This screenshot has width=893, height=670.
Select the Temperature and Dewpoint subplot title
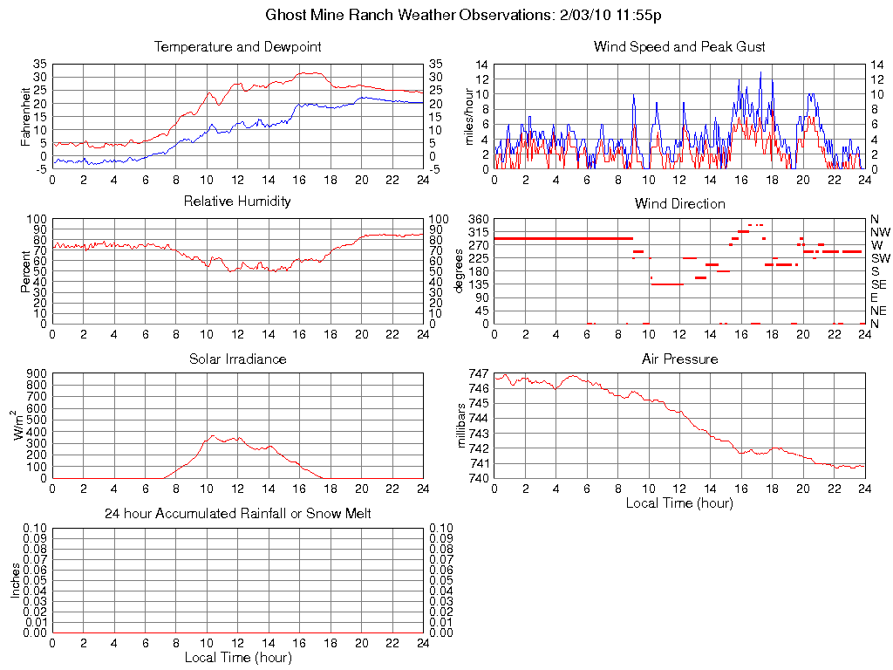pos(237,46)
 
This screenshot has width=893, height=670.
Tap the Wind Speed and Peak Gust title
pos(679,46)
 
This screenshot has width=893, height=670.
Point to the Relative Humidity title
pos(237,202)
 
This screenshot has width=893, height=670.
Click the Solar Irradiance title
pos(237,359)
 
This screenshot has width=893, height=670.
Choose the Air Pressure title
pos(679,359)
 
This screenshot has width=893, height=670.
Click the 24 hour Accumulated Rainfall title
pos(237,514)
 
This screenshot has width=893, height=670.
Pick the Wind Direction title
pos(679,203)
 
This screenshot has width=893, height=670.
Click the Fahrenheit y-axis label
pos(25,116)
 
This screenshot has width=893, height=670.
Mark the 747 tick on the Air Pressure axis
pos(478,373)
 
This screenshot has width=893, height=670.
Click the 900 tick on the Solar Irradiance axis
pos(37,373)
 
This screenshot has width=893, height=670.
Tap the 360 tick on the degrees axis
pos(477,219)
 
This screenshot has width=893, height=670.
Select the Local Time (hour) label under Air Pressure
pos(679,502)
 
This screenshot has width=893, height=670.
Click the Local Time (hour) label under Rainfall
pos(237,657)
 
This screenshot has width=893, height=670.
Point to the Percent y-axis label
pos(25,270)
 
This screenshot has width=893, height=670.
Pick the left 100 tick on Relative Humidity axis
pos(37,219)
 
